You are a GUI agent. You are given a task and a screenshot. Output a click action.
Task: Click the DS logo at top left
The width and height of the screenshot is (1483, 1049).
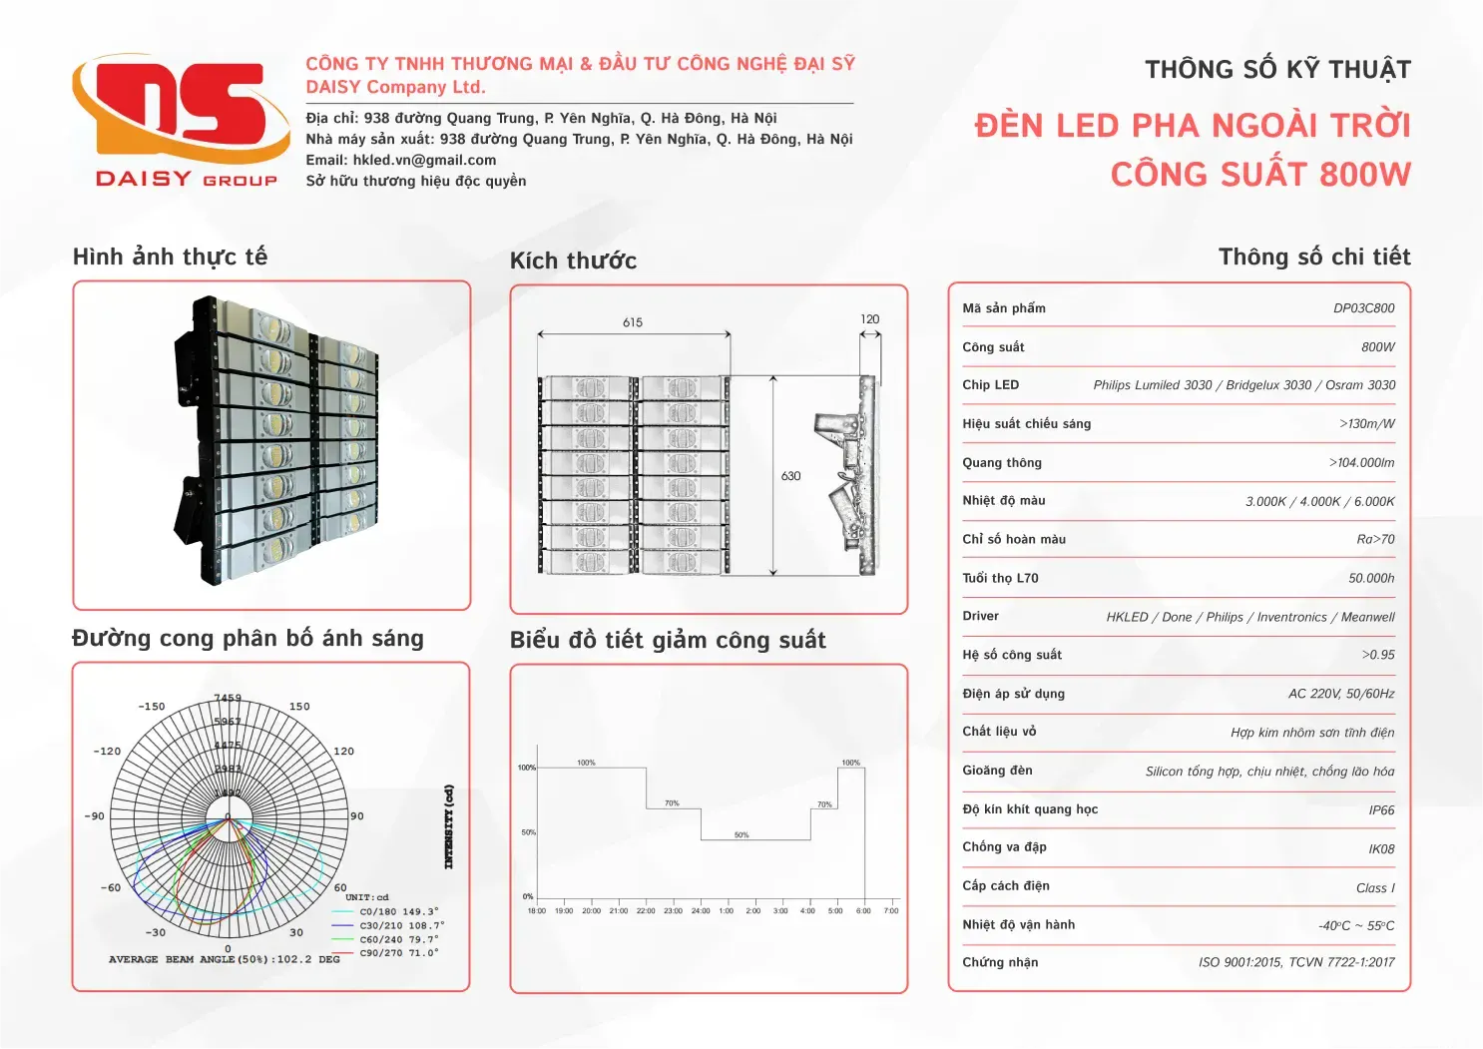tap(170, 110)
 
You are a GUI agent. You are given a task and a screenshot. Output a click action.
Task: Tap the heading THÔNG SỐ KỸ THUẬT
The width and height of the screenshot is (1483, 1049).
tap(1277, 70)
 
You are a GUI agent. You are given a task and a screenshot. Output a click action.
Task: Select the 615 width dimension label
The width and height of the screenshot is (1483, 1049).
tap(633, 322)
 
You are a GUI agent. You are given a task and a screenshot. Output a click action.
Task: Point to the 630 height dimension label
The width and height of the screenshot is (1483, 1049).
tap(790, 476)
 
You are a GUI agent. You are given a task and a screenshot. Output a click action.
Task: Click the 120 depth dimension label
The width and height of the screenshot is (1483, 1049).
tap(870, 319)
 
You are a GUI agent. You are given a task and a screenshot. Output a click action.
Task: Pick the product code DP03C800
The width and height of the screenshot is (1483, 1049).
tap(1363, 308)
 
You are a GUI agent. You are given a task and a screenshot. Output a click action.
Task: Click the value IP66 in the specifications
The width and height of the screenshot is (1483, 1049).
tap(1381, 810)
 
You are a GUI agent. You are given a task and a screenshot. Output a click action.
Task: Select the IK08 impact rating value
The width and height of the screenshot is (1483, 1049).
tap(1381, 849)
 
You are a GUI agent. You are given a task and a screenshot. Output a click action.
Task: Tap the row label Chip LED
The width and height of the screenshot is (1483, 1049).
tap(990, 385)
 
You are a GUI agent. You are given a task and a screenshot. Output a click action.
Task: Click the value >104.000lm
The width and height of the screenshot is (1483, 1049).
tap(1361, 463)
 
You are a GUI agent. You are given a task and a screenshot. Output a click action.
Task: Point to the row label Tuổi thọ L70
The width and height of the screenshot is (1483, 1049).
tap(1000, 578)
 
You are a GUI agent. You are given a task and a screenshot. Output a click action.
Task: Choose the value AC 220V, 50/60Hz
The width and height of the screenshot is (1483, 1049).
tap(1341, 694)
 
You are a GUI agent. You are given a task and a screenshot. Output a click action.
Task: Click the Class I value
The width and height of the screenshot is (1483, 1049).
tap(1375, 888)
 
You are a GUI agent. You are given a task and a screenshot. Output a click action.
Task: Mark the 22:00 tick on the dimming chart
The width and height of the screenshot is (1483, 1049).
tap(646, 910)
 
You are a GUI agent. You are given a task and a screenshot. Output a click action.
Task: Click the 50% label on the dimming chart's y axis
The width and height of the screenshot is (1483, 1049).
tap(528, 832)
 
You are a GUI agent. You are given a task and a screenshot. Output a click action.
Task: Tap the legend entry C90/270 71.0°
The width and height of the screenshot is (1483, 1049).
tap(398, 953)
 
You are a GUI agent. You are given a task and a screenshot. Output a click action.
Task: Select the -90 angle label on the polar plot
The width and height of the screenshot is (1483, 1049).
tap(94, 816)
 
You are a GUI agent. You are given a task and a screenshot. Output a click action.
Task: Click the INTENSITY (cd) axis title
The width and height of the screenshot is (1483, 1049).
tap(449, 826)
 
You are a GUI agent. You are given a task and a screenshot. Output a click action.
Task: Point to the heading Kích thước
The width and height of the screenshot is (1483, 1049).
tap(573, 262)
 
